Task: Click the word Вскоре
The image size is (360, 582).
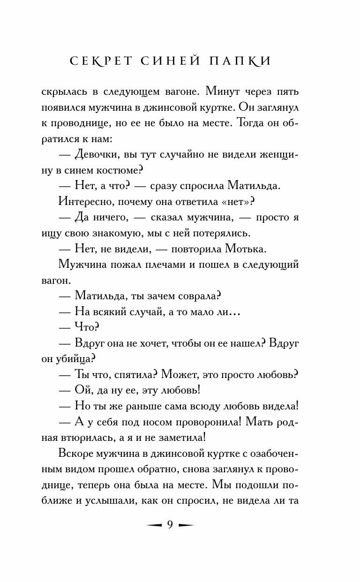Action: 79,454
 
